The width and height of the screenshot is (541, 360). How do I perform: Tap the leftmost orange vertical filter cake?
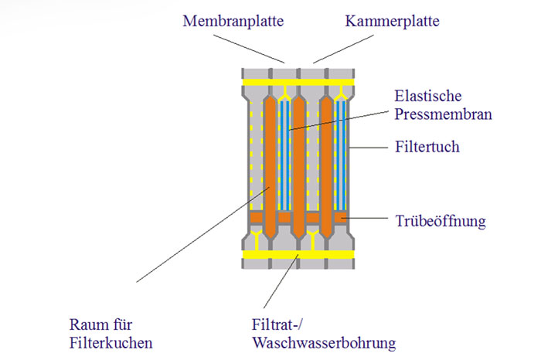click(x=270, y=166)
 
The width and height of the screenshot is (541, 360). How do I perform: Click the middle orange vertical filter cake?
click(x=298, y=166)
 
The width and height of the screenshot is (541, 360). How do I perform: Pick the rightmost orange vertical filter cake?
click(x=327, y=166)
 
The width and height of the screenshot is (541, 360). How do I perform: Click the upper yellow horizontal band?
click(x=298, y=80)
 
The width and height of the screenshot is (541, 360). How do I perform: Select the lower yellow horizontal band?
click(x=298, y=253)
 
